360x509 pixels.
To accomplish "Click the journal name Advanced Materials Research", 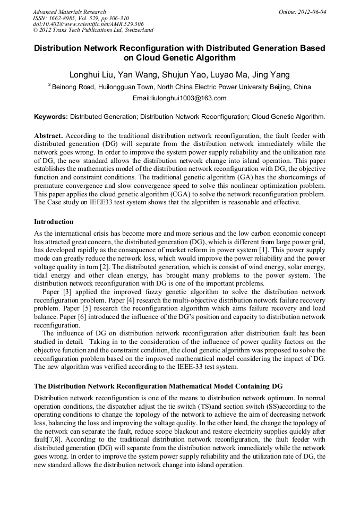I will tap(69, 12).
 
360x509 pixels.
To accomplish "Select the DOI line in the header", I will tap(88, 24).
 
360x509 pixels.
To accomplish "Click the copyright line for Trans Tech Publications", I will tap(93, 30).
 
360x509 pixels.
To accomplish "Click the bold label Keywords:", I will tap(51, 116).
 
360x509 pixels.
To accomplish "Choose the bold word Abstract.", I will tap(48, 135).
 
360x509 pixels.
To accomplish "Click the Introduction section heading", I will tap(54, 221).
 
